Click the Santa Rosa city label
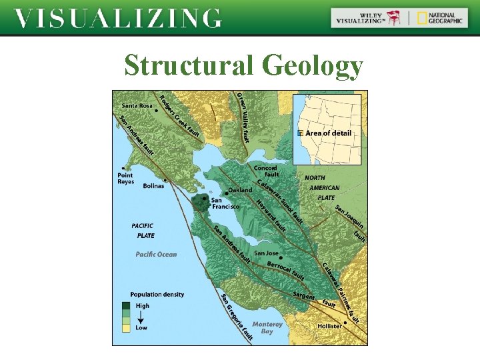pyautogui.click(x=137, y=105)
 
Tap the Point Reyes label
pyautogui.click(x=126, y=178)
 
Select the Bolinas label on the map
pyautogui.click(x=153, y=186)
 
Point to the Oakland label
pyautogui.click(x=240, y=190)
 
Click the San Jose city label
pyautogui.click(x=266, y=253)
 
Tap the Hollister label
pyautogui.click(x=329, y=326)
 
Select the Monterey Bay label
pyautogui.click(x=267, y=327)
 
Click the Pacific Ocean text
pyautogui.click(x=156, y=254)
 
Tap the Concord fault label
pyautogui.click(x=265, y=171)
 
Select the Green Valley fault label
pyautogui.click(x=243, y=117)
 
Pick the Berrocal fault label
pyautogui.click(x=285, y=270)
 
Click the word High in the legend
pyautogui.click(x=143, y=306)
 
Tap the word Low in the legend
pyautogui.click(x=141, y=327)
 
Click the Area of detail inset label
pyautogui.click(x=328, y=133)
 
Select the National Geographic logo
pyautogui.click(x=440, y=18)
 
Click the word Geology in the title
pyautogui.click(x=313, y=66)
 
